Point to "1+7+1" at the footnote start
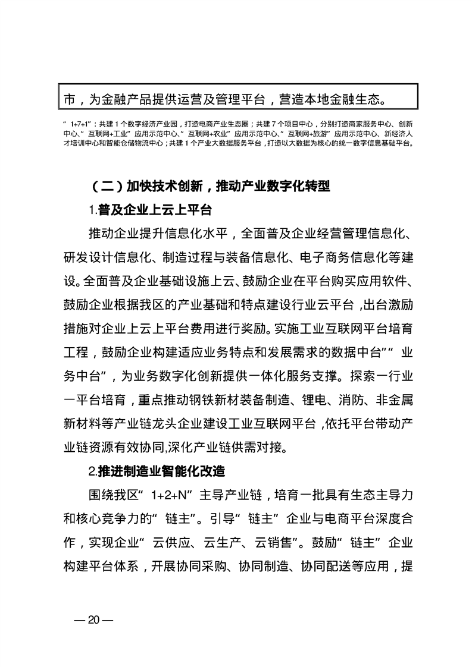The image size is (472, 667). tap(74, 124)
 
